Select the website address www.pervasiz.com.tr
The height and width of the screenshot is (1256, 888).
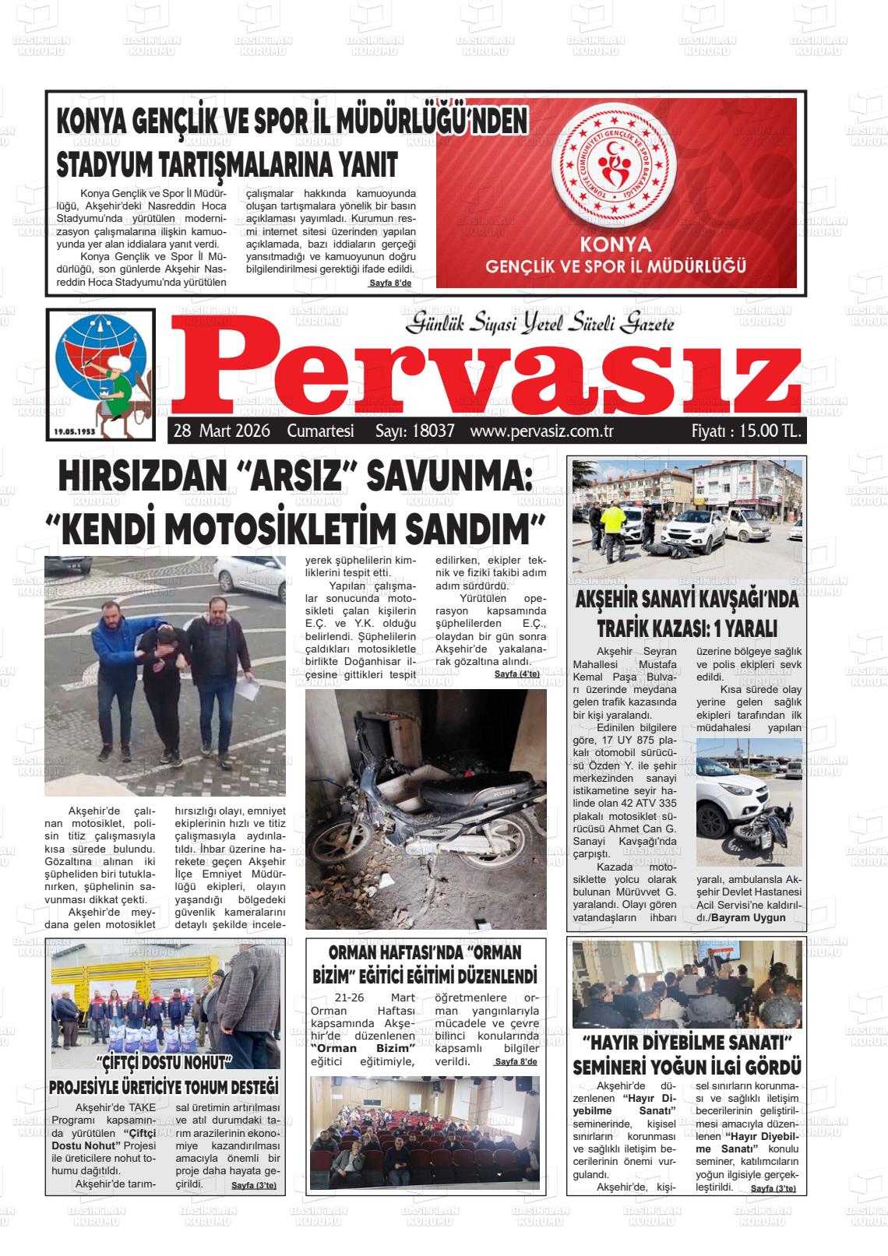[543, 431]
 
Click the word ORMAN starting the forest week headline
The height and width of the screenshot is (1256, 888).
[358, 952]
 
